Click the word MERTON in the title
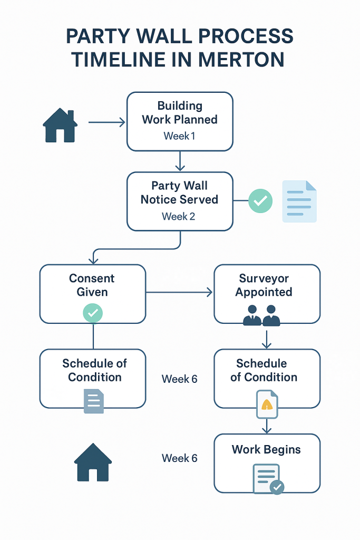point(241,60)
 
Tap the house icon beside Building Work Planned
point(60,126)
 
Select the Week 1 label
point(179,136)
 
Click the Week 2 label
point(178,216)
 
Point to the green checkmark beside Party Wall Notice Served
point(260,201)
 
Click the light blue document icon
point(299,201)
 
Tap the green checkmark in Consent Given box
point(93,313)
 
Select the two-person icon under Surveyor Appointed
point(261,315)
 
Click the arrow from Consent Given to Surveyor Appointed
point(179,292)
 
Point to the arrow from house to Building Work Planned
point(107,122)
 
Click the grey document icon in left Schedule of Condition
point(94,401)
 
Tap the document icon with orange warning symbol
point(267,404)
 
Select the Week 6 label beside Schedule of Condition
point(180,379)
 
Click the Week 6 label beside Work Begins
point(180,458)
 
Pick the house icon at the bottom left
point(93,462)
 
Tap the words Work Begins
point(266,449)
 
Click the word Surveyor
point(264,278)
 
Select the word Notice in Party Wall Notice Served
point(159,199)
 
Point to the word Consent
point(92,278)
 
